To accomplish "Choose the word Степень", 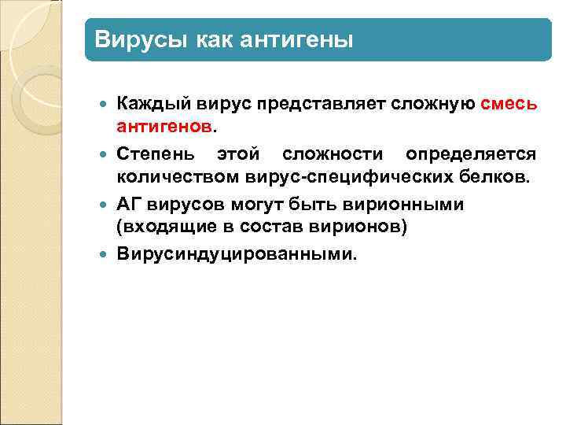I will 154,153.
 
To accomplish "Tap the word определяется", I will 471,153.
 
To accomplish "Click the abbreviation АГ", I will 128,205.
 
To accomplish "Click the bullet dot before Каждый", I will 107,104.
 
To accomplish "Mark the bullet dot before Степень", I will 107,153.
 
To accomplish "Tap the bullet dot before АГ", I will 107,205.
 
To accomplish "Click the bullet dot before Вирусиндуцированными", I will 107,254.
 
